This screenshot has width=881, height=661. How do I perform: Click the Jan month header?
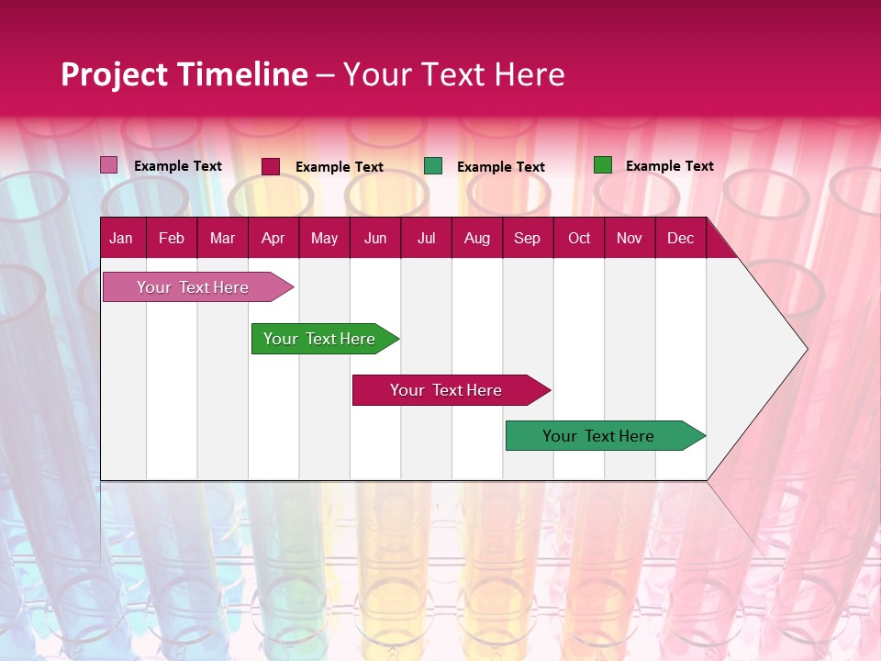tap(121, 239)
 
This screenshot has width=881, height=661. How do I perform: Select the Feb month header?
tap(172, 239)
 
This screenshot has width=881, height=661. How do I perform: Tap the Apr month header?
tap(273, 239)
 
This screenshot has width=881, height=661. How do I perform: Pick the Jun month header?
tap(375, 239)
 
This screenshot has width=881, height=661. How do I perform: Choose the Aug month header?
tap(477, 239)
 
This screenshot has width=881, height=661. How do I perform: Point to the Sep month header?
tap(528, 239)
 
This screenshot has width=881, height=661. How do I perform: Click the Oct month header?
tap(579, 239)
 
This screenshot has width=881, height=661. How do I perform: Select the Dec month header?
tap(681, 239)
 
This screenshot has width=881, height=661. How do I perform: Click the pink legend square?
tap(108, 165)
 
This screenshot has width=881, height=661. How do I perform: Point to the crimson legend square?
tap(271, 166)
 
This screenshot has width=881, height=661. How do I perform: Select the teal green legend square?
tap(433, 166)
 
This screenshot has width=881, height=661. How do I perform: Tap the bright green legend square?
tap(602, 165)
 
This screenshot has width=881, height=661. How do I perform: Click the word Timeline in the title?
tap(242, 74)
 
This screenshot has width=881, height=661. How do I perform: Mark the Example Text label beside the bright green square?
tap(669, 166)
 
